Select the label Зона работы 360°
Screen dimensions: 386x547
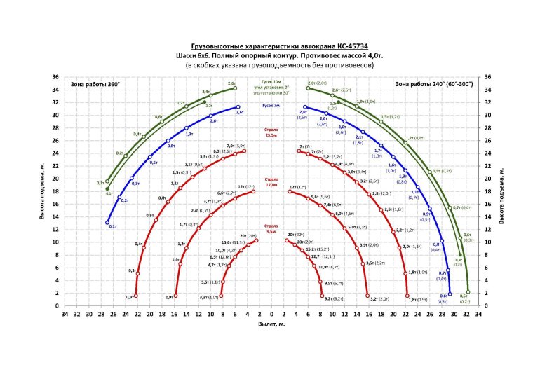coord(95,84)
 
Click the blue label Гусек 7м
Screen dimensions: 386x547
coord(271,106)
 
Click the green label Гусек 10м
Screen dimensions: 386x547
coord(271,81)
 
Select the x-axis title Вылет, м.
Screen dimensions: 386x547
coord(271,325)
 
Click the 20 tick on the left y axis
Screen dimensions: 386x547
coord(56,179)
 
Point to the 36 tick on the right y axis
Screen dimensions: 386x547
coord(488,76)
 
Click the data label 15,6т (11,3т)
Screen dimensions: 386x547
coord(233,242)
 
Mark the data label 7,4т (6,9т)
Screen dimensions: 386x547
coord(332,205)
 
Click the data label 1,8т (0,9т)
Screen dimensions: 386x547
coord(419,299)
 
